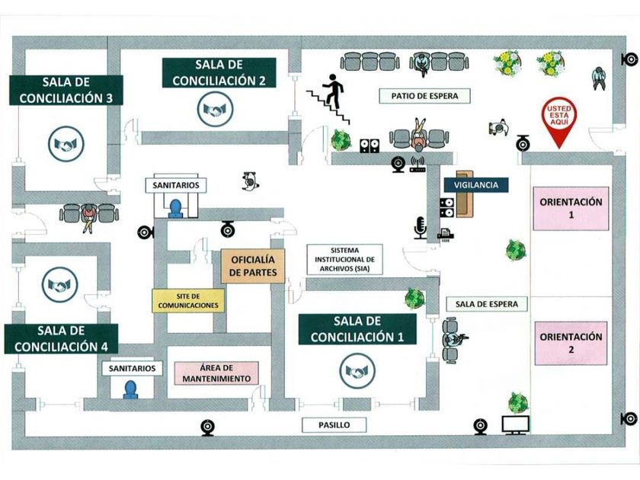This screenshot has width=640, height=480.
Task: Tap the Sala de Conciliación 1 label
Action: click(x=357, y=328)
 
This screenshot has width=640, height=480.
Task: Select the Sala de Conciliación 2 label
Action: click(x=219, y=72)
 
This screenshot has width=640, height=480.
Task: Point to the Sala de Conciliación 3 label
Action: click(x=66, y=90)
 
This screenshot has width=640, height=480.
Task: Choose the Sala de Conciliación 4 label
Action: click(x=62, y=338)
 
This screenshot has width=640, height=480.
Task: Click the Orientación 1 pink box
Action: click(x=571, y=208)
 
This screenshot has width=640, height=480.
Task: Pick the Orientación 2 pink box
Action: click(x=571, y=343)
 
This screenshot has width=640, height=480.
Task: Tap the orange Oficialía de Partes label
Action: click(x=254, y=266)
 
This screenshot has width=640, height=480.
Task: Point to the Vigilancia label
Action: click(x=476, y=185)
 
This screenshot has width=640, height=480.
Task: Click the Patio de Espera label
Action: click(x=425, y=96)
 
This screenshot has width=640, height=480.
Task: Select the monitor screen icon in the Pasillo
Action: click(x=516, y=424)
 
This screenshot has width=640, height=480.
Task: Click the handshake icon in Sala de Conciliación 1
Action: click(x=356, y=371)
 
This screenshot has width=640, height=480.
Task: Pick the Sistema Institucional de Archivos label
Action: click(x=344, y=259)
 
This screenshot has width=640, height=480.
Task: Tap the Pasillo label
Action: click(x=334, y=424)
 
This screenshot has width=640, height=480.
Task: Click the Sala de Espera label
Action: click(x=486, y=304)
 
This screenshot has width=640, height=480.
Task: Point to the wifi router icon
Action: click(x=417, y=165)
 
